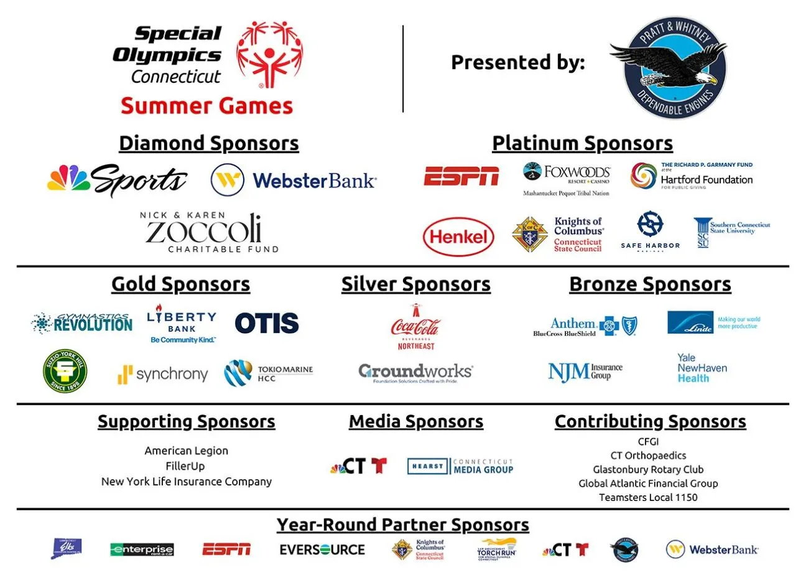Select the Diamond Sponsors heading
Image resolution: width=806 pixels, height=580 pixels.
point(209,143)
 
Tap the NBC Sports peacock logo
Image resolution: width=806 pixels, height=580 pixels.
point(117,180)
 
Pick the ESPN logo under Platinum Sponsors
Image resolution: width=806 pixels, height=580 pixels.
point(461,177)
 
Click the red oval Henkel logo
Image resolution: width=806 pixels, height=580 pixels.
point(458,236)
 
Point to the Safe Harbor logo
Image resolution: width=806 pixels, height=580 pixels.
point(650,230)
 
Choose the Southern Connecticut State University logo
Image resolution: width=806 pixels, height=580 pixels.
point(731,232)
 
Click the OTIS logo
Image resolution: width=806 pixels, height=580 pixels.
point(266,323)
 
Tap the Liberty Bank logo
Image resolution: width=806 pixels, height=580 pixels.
point(182,324)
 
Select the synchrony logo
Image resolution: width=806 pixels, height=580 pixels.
point(162,374)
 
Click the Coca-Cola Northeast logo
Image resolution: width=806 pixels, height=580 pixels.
point(415,327)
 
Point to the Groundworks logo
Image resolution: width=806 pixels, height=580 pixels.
point(415,372)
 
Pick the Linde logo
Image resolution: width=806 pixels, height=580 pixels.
point(713,322)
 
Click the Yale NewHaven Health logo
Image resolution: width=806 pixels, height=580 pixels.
point(702,368)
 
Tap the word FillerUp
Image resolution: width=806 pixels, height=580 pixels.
point(185,466)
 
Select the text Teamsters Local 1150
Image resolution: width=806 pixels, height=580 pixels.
point(648,497)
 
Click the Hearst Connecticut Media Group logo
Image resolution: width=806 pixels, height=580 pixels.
point(460,466)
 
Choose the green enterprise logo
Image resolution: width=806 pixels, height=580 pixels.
point(142,550)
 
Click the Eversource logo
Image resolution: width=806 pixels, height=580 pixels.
point(322,550)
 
